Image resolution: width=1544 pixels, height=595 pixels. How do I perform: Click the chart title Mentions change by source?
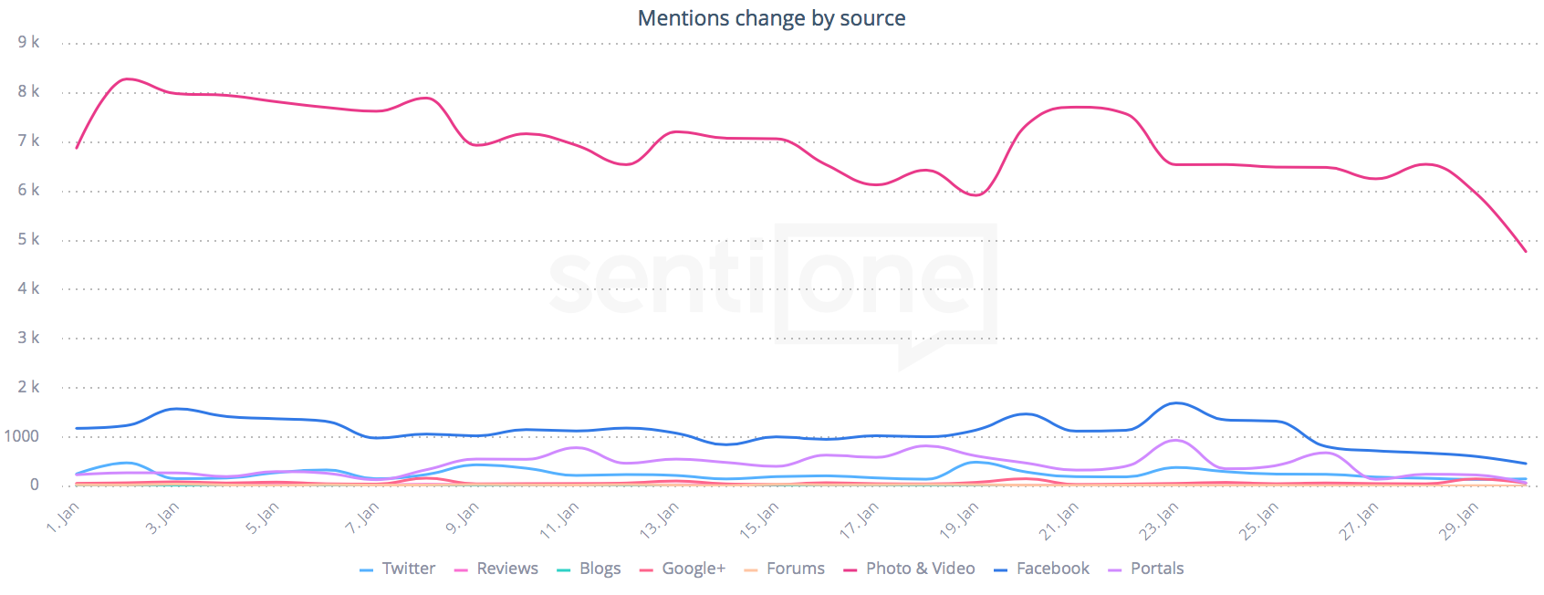coord(771,18)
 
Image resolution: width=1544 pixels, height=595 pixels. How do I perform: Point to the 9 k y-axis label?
coord(28,42)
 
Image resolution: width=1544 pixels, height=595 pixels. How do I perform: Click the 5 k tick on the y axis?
coord(28,239)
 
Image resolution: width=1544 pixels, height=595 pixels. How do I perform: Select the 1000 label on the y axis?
coord(22,436)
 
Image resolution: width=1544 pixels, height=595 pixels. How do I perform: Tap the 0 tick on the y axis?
coord(35,485)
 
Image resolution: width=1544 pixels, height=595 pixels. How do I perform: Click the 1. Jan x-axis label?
coord(63,517)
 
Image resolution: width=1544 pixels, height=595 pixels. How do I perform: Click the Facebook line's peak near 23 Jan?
coord(1176,403)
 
